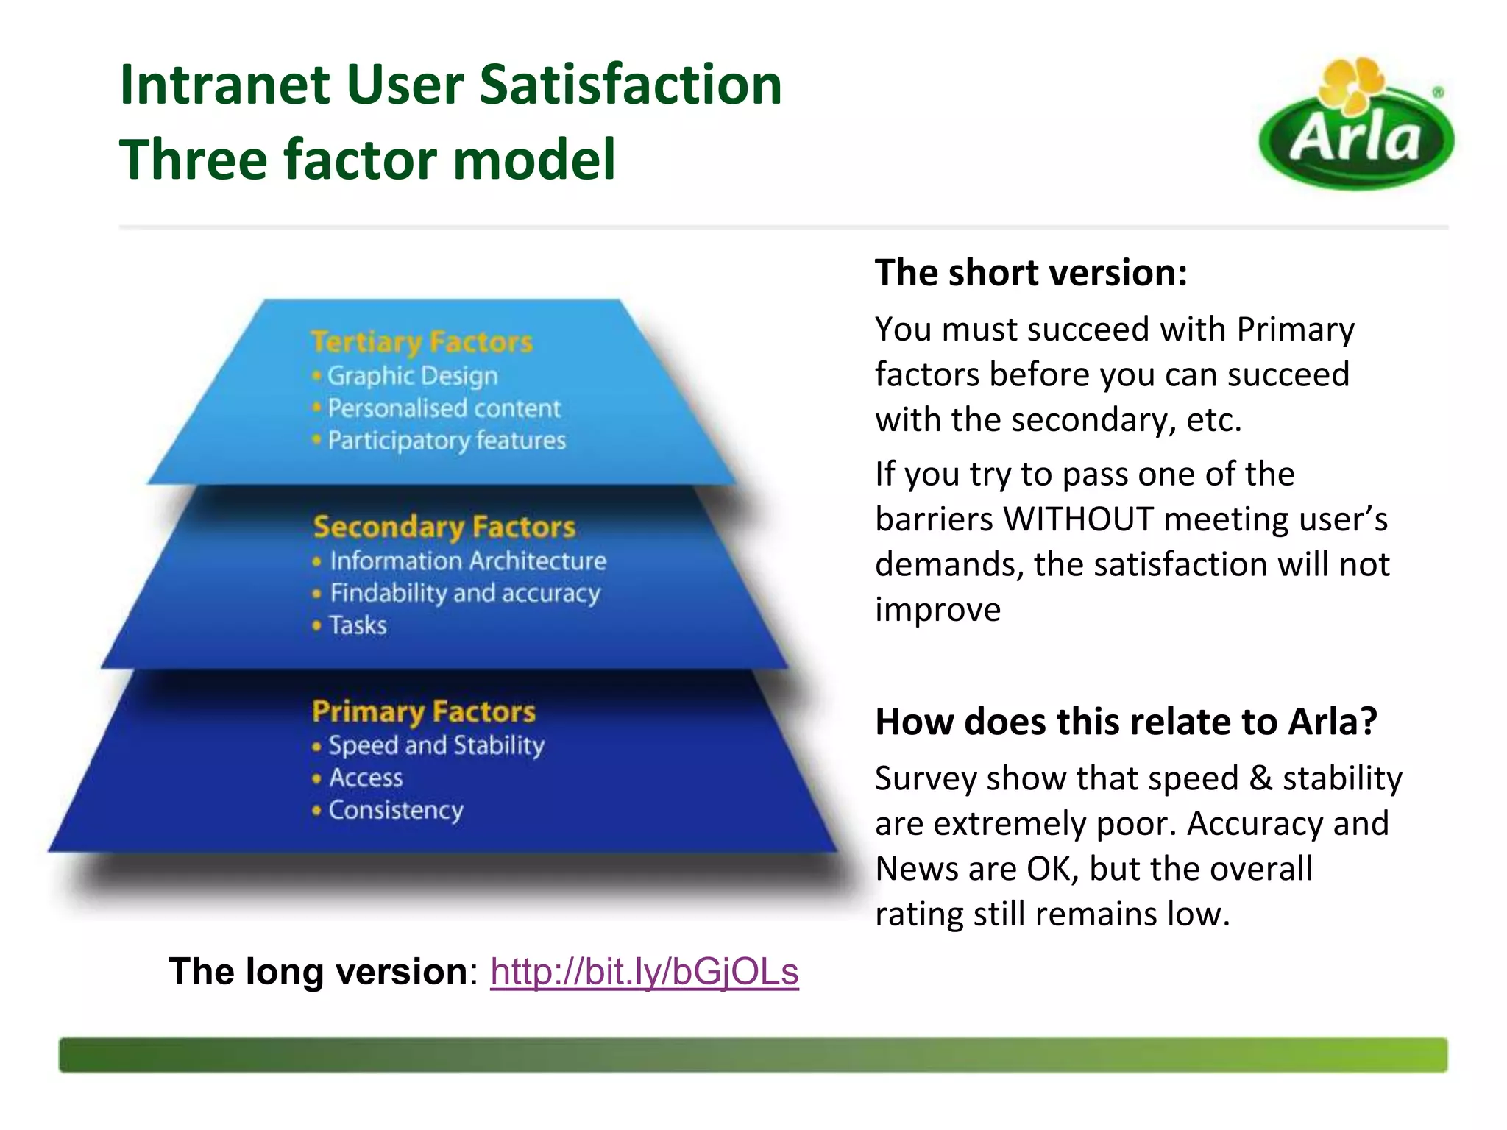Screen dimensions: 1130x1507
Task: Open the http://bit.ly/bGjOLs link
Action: pos(644,971)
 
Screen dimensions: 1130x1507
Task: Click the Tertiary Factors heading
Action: pos(422,342)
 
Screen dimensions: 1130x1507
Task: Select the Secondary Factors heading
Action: pos(444,527)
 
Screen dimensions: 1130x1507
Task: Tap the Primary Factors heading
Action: pos(424,711)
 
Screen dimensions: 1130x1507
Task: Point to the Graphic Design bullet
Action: pos(412,376)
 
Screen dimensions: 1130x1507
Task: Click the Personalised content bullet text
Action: pos(444,408)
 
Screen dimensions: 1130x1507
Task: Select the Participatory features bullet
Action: pos(447,441)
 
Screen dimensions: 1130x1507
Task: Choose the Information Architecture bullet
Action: pos(468,561)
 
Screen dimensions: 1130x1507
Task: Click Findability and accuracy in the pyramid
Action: pos(465,593)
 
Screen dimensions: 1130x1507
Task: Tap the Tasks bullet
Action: pos(358,625)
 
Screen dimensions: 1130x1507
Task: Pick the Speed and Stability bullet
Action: pos(436,745)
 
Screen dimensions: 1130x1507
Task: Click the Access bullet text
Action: pos(366,778)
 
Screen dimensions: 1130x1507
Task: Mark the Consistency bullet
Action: pos(396,810)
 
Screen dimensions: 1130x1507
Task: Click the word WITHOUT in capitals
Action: pos(1078,519)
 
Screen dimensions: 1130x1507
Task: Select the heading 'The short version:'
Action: pos(1031,273)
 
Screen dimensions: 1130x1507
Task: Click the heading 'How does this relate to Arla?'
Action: pos(1126,722)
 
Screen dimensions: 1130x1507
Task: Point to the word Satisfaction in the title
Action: pos(631,85)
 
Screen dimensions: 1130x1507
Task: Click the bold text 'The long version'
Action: pos(318,971)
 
